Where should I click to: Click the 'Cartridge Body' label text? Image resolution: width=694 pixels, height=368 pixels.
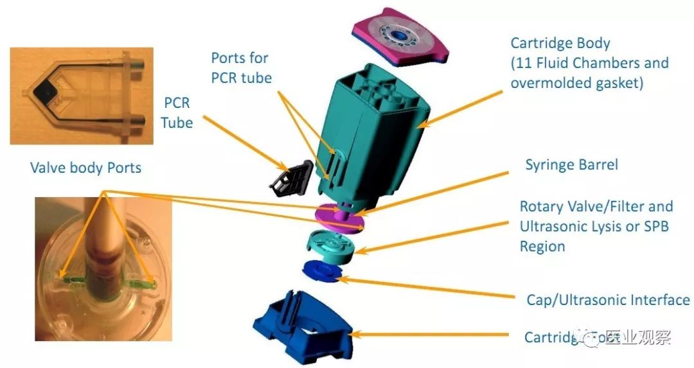point(560,44)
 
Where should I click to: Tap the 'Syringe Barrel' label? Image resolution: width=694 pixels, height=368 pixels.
point(571,164)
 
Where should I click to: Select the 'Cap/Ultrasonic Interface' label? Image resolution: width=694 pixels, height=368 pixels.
point(608,299)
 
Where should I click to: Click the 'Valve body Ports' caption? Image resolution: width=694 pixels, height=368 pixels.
point(85,168)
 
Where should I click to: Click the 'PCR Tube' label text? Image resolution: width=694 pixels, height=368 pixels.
point(177,112)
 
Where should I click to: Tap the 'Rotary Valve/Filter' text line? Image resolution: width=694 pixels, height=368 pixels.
point(596,207)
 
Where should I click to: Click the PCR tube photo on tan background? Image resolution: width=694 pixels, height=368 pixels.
point(81,96)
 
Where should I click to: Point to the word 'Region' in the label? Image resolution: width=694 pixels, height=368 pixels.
point(542,247)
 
